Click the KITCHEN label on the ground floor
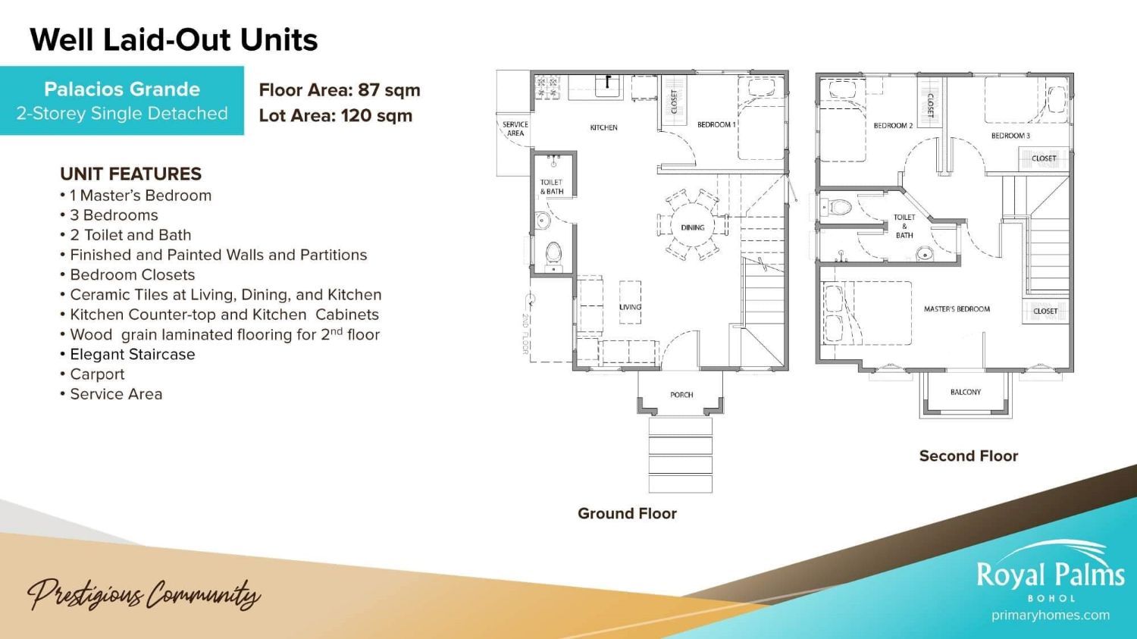603,127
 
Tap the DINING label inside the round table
692,227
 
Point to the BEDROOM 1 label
716,124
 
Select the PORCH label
681,394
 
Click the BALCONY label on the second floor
966,392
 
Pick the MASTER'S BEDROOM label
957,309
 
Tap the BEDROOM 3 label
1010,136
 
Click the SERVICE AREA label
515,128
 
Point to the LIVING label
630,306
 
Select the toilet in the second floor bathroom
837,207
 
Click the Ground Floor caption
627,513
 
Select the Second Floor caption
969,456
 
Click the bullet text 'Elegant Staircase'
132,354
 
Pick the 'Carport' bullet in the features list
97,374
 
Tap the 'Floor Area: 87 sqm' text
340,90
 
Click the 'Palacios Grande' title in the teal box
122,89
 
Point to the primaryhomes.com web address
1050,616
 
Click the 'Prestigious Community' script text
144,594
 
